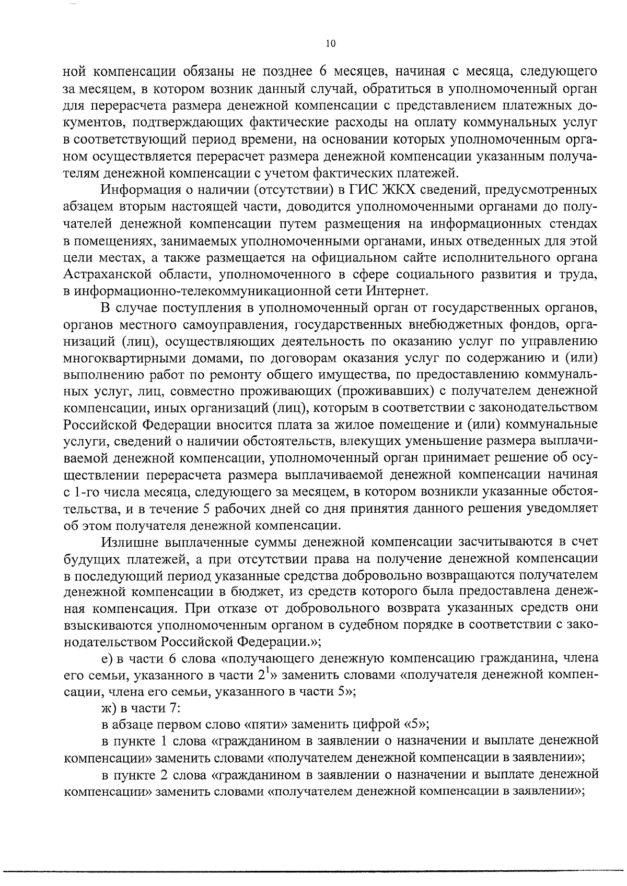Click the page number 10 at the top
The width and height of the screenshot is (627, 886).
click(x=330, y=44)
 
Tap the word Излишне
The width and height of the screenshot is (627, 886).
click(x=129, y=541)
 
